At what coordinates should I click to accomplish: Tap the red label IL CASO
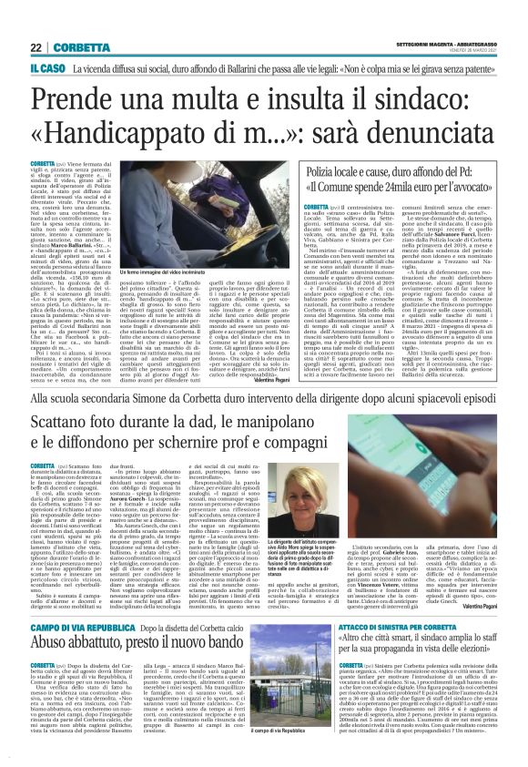(47, 67)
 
